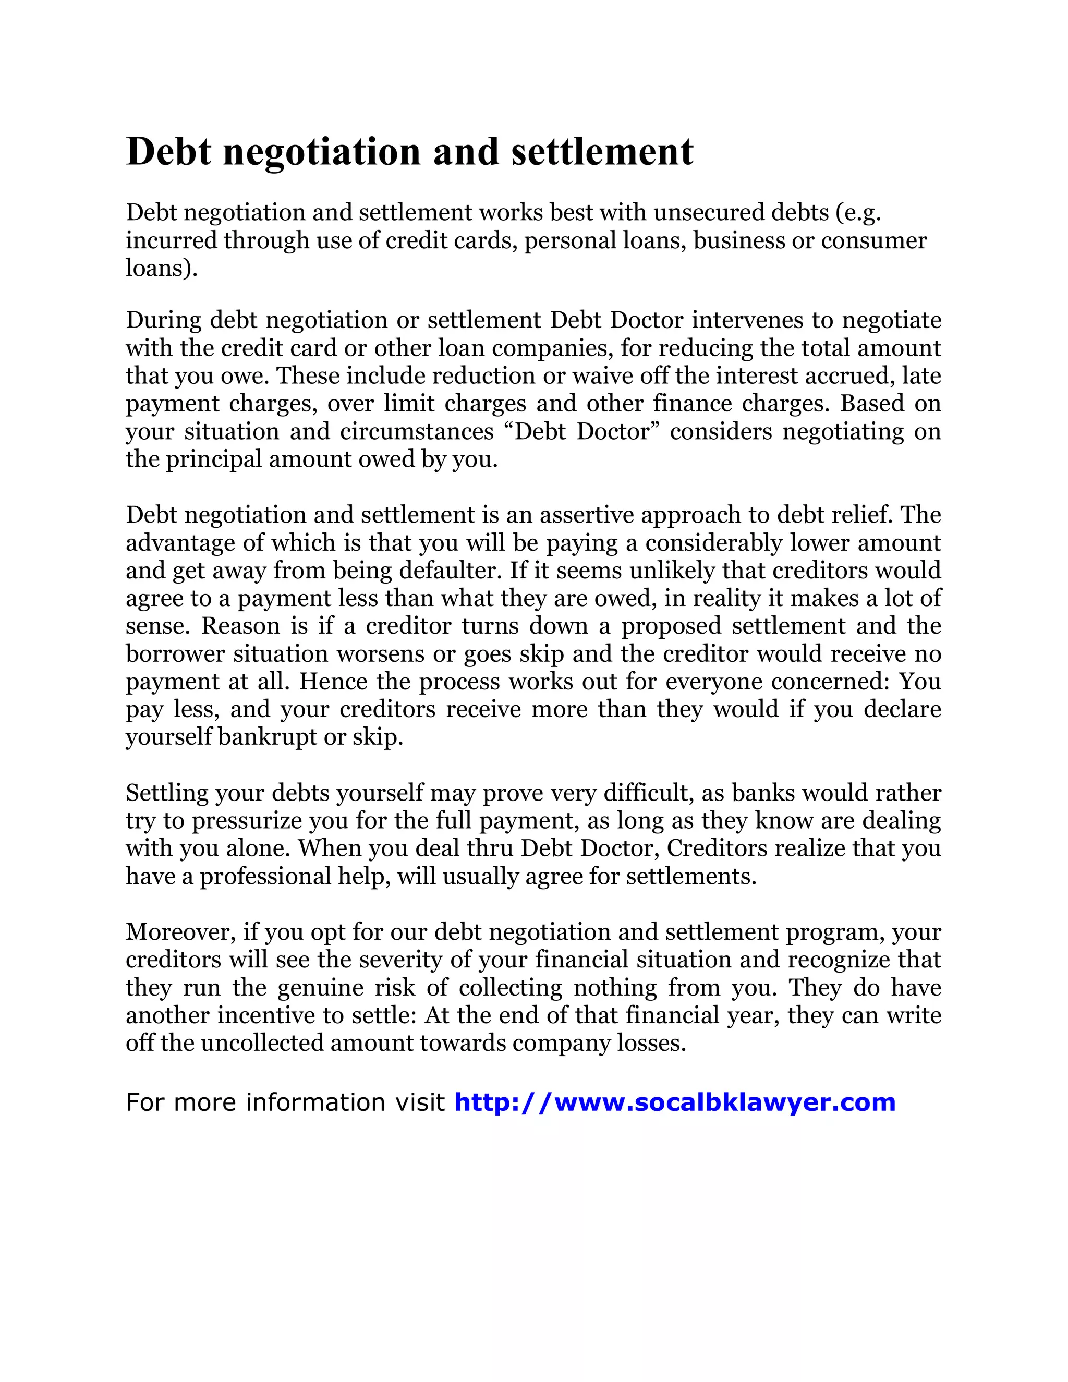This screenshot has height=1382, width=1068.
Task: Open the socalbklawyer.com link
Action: pyautogui.click(x=674, y=1102)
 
